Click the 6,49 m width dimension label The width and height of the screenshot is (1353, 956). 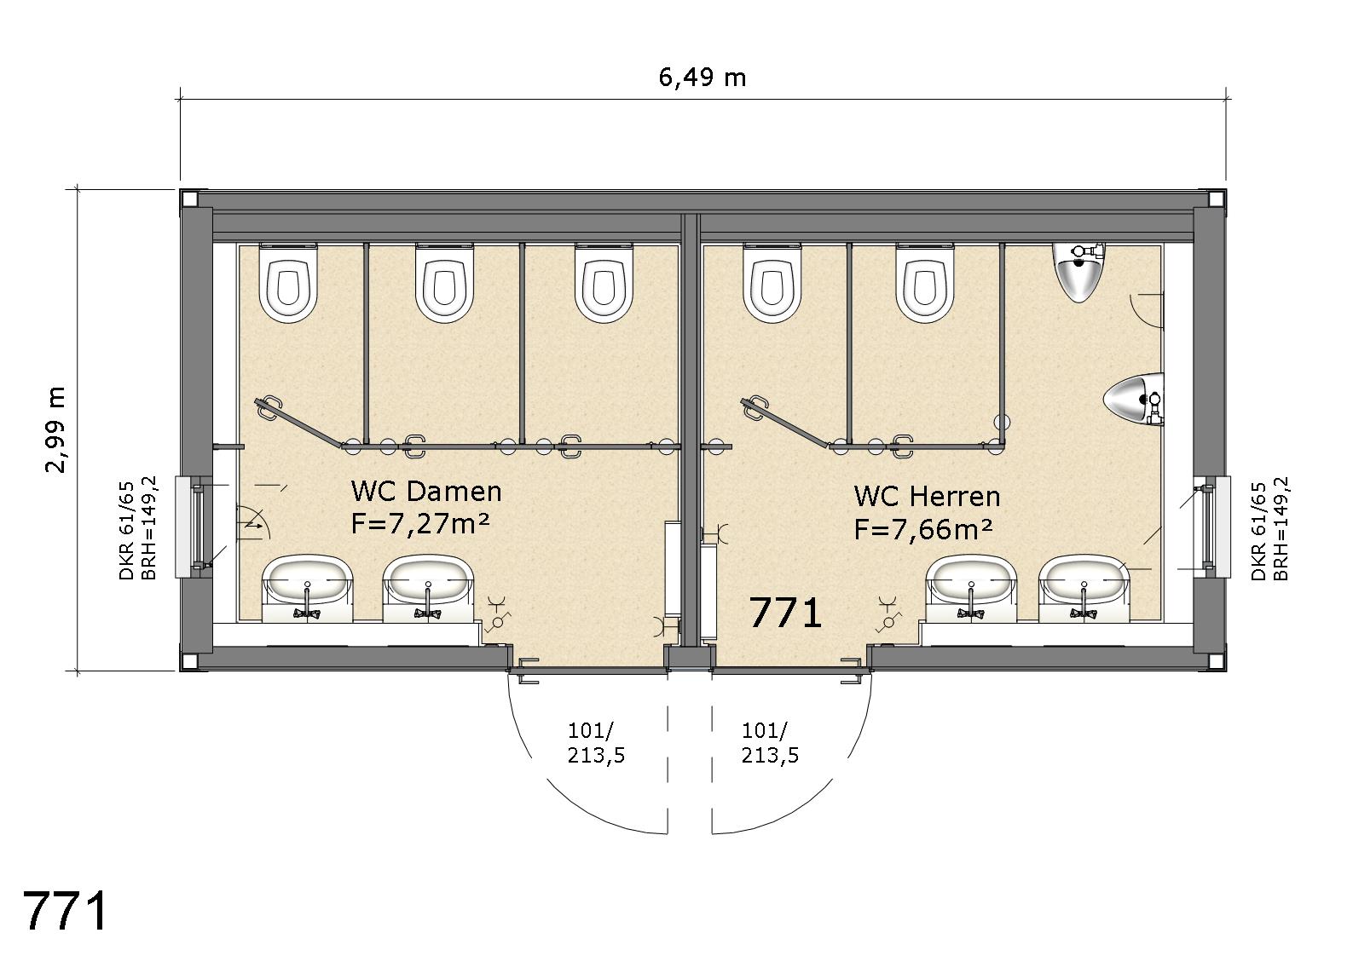[702, 78]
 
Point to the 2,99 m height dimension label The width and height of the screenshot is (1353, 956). [56, 429]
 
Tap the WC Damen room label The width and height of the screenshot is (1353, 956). [426, 492]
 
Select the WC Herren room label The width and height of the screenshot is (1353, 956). [928, 497]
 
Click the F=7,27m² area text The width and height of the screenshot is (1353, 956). [419, 523]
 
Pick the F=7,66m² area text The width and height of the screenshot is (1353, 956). [923, 528]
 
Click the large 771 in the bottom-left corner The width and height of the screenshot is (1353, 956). [66, 912]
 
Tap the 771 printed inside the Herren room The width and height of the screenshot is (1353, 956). [785, 613]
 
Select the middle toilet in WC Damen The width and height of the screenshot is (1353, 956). [444, 282]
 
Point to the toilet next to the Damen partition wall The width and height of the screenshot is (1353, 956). [604, 282]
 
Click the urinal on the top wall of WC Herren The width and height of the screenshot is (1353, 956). [1078, 272]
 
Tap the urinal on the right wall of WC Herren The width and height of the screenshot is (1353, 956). [1134, 399]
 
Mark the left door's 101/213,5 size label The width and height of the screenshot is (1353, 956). [596, 743]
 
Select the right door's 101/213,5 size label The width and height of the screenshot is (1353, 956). [770, 743]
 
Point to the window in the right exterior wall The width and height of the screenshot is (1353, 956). [1211, 527]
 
